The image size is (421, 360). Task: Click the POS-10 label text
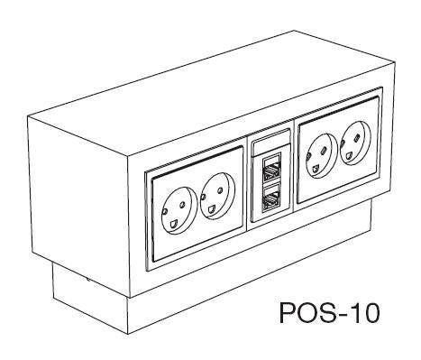(x=330, y=312)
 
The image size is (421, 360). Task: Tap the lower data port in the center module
(x=271, y=198)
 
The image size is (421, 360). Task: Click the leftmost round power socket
(x=179, y=210)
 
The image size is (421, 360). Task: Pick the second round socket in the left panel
(x=218, y=196)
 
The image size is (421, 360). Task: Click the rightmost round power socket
(x=355, y=143)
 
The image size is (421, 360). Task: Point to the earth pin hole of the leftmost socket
(x=173, y=224)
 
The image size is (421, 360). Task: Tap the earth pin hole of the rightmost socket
(x=349, y=156)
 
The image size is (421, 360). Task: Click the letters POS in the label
(x=305, y=312)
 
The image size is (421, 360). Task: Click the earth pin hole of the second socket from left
(x=211, y=208)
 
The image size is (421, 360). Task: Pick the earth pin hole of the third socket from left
(x=315, y=170)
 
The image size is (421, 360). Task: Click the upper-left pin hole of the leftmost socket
(x=164, y=211)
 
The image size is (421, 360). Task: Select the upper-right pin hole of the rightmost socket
(x=357, y=138)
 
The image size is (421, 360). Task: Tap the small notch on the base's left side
(x=87, y=279)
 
